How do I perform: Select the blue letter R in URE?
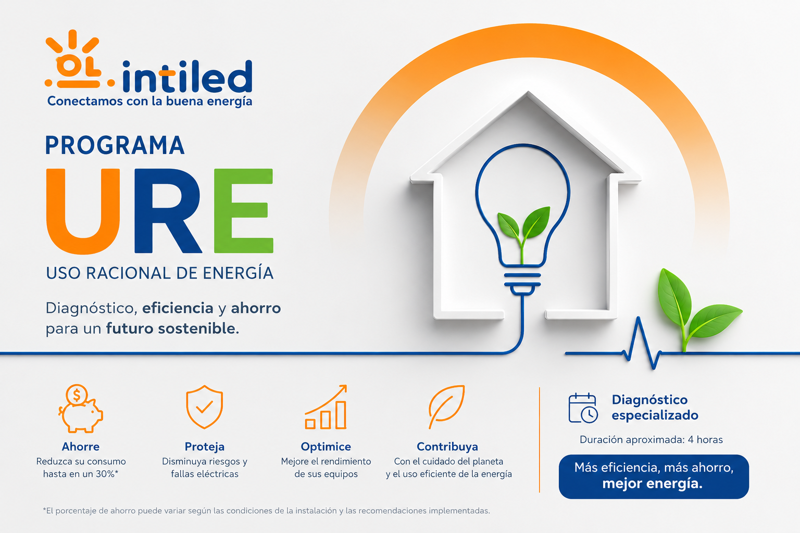click(168, 211)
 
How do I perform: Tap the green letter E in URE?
click(244, 211)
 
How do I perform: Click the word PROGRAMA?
click(115, 145)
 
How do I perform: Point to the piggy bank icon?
click(81, 409)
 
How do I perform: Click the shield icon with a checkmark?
click(205, 407)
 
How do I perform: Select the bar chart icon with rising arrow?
click(326, 407)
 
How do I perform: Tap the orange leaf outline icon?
click(447, 407)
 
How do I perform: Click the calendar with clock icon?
click(583, 408)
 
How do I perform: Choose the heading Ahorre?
click(81, 447)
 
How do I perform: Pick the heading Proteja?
click(205, 447)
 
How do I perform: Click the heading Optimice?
click(326, 447)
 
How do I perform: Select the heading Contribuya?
click(447, 447)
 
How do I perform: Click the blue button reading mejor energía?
click(654, 477)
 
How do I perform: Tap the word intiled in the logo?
click(187, 77)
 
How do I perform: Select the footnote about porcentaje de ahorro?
click(267, 511)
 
